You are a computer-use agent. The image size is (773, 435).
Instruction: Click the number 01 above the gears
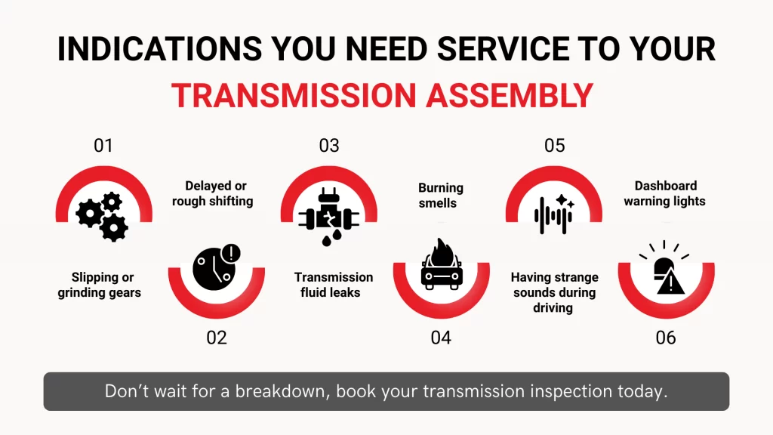point(103,146)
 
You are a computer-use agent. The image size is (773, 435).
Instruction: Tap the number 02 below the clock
point(217,338)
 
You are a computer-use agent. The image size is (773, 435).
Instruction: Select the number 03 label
point(329,146)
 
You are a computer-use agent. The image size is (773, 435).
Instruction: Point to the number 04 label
point(441,338)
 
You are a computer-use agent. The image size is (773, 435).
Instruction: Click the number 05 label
point(554,146)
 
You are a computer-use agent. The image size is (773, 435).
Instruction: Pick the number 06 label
point(666,338)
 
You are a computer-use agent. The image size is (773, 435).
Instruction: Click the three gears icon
point(103,216)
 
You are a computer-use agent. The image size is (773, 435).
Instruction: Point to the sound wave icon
point(554,214)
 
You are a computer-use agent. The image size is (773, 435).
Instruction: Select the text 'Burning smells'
point(442,195)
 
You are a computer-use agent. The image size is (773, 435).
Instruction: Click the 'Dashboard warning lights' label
point(665,193)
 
